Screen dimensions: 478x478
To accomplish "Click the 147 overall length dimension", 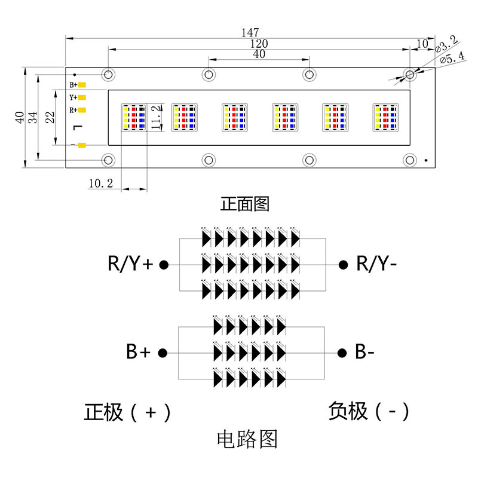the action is coord(250,32).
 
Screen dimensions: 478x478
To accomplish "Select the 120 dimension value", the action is coord(259,44).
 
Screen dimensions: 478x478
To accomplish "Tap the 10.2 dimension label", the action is coord(100,183).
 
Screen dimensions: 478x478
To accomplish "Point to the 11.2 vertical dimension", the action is coord(155,117).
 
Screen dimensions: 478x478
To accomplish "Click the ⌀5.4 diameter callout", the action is coord(452,57).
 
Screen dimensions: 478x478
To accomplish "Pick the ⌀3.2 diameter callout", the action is coord(446,44).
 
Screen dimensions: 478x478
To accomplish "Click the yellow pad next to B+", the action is coord(82,85).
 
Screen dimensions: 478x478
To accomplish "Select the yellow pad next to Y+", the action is coord(82,97).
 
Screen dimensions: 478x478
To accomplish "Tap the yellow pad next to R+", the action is coord(82,110).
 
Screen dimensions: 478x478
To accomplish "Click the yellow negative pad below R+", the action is coord(82,145).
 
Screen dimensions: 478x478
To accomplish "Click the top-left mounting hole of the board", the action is coord(108,74).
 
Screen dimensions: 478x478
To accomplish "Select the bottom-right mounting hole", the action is coord(410,160).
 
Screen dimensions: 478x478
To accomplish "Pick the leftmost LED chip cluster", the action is coord(134,117).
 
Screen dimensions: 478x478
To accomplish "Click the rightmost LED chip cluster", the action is coord(385,117).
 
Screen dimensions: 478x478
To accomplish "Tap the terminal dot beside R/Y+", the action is coord(164,265).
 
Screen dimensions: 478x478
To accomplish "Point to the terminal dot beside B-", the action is coord(342,353).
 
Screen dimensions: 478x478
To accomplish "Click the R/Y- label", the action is coord(376,263).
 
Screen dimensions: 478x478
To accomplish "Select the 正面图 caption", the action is coord(245,204).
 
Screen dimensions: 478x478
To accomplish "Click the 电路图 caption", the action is coord(247,439).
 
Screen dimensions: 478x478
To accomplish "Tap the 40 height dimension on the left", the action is coord(20,117).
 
